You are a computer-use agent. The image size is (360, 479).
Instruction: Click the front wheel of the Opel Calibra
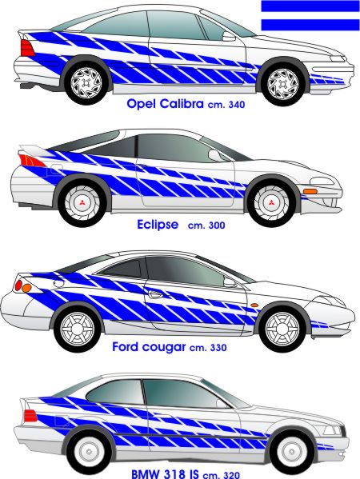[282, 84]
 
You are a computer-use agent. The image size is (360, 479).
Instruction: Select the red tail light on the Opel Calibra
[27, 48]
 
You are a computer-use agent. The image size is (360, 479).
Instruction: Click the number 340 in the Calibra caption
[237, 105]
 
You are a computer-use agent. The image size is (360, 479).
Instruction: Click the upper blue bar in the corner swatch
[310, 6]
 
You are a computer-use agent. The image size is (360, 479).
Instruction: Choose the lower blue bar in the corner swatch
[310, 25]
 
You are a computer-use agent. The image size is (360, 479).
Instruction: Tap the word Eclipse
[158, 225]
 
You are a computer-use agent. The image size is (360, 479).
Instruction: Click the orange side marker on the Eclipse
[310, 192]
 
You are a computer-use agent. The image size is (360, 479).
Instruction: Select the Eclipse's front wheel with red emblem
[271, 203]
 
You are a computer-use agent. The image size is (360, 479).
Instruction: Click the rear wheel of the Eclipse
[82, 203]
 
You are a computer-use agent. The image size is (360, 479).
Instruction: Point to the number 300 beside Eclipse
[217, 226]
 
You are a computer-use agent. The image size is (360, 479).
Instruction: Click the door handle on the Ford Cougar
[155, 294]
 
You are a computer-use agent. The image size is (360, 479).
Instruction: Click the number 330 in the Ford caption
[218, 348]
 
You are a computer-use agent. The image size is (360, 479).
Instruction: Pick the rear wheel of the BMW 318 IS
[90, 452]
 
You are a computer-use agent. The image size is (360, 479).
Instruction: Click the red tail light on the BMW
[30, 416]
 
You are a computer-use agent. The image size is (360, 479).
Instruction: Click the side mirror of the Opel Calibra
[229, 36]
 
